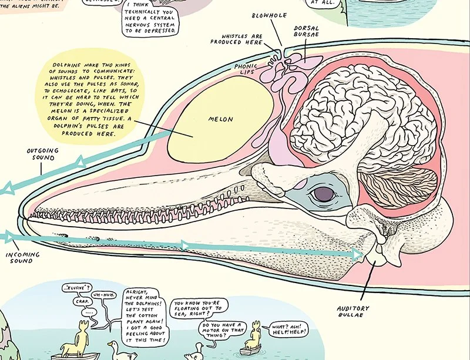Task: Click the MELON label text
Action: tap(220, 119)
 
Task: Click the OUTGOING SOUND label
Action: tap(43, 154)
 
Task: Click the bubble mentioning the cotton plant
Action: tap(146, 316)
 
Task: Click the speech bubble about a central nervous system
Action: tap(152, 21)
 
